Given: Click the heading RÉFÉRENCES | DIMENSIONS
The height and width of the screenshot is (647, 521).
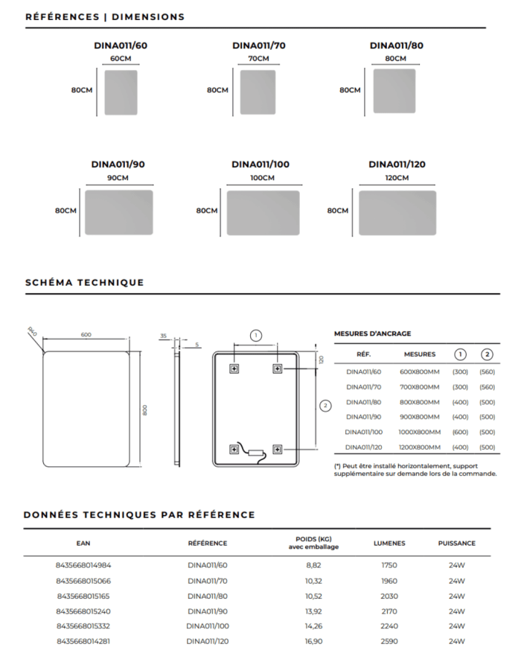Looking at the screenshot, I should click(x=105, y=16).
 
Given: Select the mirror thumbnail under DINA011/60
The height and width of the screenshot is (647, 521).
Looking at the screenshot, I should click(x=121, y=92).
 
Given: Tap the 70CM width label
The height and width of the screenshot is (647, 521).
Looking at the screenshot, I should click(x=258, y=59).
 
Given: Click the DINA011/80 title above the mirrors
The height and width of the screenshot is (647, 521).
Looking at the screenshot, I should click(x=397, y=45).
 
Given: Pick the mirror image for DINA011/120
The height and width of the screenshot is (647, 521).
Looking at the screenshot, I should click(x=397, y=213).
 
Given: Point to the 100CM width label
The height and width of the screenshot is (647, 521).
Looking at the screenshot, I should click(x=262, y=178).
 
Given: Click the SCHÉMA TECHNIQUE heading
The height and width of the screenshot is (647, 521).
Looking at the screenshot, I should click(x=84, y=282).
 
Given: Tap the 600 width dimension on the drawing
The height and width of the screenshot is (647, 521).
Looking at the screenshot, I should click(x=86, y=335).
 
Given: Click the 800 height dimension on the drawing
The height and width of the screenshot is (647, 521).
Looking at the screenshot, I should click(x=146, y=409).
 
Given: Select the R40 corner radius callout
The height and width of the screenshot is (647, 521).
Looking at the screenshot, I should click(x=32, y=331).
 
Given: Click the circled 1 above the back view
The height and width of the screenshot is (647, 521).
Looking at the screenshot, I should click(x=255, y=335).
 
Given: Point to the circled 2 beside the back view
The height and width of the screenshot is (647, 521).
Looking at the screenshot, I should click(x=325, y=406).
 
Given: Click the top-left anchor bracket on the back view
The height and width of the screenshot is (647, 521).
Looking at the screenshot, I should click(x=233, y=368).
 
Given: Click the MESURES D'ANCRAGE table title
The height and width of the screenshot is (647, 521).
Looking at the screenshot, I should click(x=372, y=334).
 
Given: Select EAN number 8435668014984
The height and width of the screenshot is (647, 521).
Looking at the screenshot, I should click(x=83, y=565).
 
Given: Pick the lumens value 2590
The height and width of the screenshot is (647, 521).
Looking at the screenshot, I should click(x=389, y=640).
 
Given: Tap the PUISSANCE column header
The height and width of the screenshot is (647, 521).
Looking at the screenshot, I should click(x=456, y=543).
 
